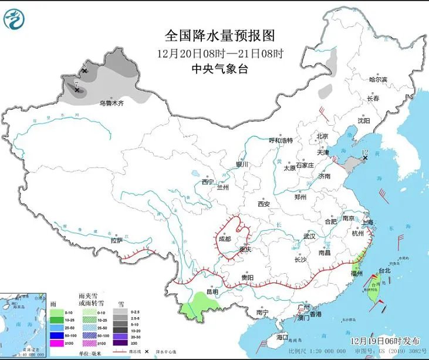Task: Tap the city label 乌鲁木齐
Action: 112,103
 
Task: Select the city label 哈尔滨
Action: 378,79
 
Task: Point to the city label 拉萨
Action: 116,240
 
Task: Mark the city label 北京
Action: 322,136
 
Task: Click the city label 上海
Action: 368,222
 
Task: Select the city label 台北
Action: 384,271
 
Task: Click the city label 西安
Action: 263,204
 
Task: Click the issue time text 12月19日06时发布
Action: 383,341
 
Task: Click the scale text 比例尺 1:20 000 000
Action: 316,351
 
